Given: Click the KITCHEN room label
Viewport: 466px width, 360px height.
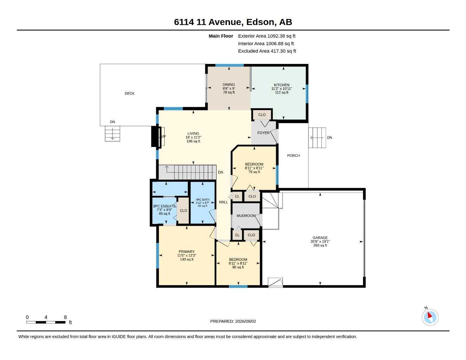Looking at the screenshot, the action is pos(282,85).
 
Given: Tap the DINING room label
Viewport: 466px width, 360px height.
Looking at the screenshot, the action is pos(229,84).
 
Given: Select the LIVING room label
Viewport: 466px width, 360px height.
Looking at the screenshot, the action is pos(193,133).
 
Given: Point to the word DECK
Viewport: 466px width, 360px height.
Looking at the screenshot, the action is pos(129,94).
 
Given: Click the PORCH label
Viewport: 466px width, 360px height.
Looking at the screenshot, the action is pos(293,156).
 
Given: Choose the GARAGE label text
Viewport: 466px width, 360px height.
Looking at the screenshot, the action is pos(320,238).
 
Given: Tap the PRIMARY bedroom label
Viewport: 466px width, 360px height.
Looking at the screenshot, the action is pos(186,252).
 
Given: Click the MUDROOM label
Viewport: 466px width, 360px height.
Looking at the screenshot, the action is pos(246,216).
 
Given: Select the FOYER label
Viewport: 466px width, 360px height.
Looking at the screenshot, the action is pos(263,133).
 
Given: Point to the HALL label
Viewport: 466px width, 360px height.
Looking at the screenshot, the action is pos(223,202).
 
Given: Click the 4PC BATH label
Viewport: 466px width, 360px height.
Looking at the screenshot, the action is pos(203,199).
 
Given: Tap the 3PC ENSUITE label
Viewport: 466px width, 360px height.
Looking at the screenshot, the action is pos(165,206).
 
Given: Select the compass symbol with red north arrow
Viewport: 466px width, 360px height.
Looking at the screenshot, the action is pos(430,317).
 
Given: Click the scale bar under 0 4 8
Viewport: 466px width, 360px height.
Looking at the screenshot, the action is pos(46,322).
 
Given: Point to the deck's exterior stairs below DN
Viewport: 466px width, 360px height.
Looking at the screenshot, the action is pos(113,134).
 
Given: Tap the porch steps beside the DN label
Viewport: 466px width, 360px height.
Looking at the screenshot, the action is pos(317,137).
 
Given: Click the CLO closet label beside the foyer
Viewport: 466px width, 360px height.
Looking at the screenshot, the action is pos(262,115).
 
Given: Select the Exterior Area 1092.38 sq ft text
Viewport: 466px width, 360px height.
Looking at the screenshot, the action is pos(267,36).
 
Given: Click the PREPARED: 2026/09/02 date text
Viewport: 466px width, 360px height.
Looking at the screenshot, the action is pos(233,321).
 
